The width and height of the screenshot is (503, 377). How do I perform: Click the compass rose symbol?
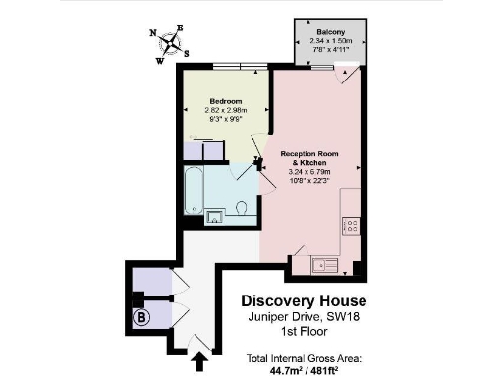click(170, 43)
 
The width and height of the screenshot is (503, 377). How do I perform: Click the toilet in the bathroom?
click(242, 209)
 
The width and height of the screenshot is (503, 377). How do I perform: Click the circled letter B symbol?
click(140, 317)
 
